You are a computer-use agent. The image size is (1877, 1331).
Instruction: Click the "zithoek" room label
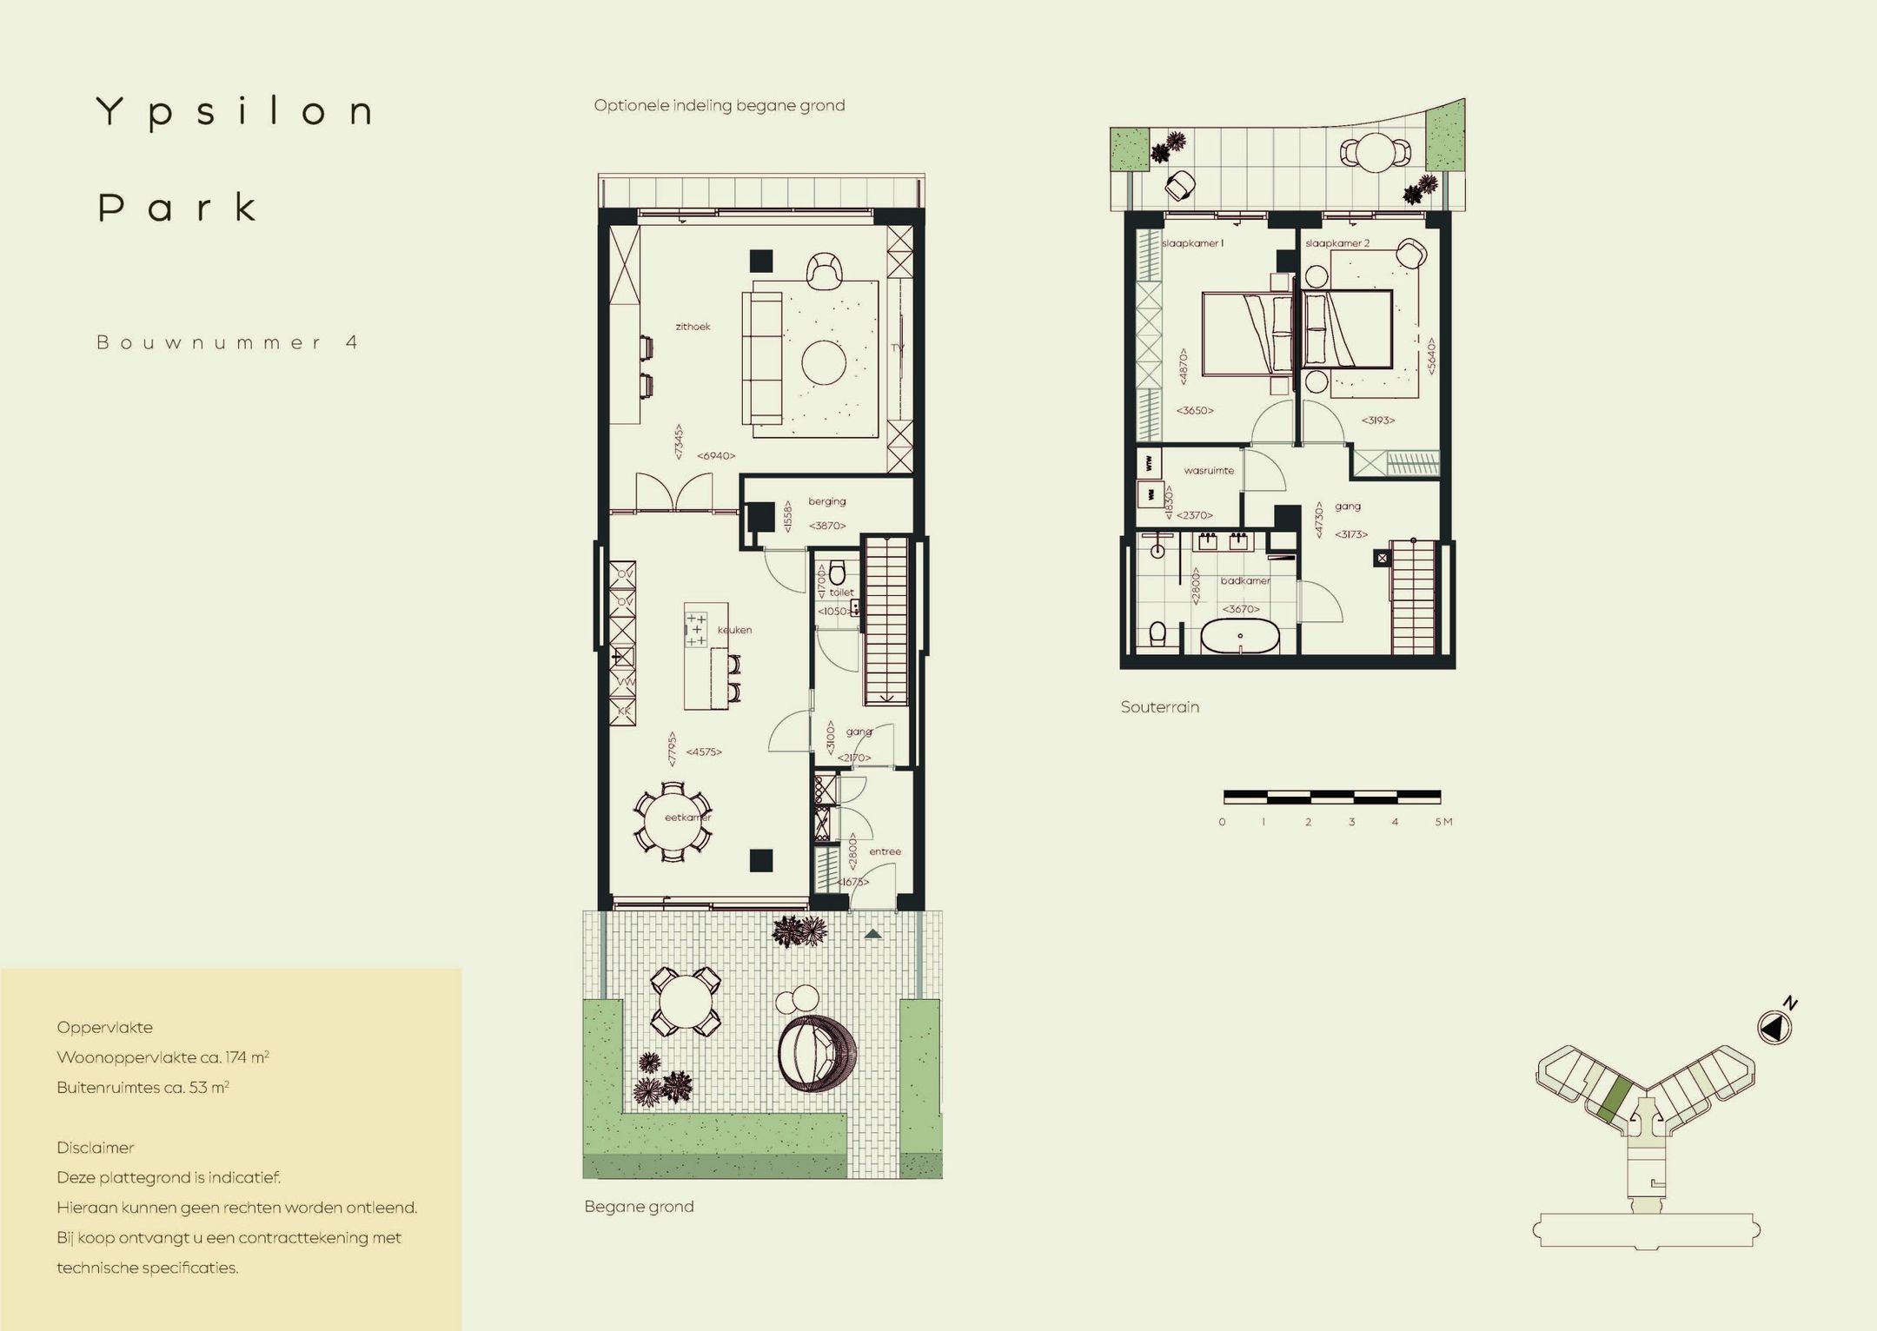click(x=693, y=327)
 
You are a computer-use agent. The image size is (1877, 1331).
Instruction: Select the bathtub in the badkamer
click(x=1240, y=639)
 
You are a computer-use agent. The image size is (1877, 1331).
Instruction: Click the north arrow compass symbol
click(x=1774, y=1028)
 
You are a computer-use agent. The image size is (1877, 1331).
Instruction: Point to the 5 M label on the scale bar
click(x=1443, y=822)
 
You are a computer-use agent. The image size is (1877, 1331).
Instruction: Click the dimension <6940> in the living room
click(x=716, y=455)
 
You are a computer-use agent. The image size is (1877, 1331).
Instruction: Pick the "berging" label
click(x=826, y=501)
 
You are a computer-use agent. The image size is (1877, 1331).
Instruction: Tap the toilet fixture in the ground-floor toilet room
click(x=838, y=573)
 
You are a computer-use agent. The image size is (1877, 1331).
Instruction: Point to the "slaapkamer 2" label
click(x=1336, y=243)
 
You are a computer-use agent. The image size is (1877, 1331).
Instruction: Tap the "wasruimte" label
click(x=1209, y=471)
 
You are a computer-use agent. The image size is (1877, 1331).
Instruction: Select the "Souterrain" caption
click(x=1159, y=707)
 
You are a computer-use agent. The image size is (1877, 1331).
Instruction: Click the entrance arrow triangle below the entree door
click(x=873, y=935)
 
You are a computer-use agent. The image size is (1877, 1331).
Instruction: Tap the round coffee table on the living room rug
click(x=824, y=362)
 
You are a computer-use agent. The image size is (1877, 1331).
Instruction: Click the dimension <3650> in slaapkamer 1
click(x=1195, y=410)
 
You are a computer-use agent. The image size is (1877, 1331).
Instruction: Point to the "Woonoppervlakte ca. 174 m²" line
click(x=162, y=1057)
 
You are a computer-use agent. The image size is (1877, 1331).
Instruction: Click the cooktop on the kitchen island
click(x=696, y=629)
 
